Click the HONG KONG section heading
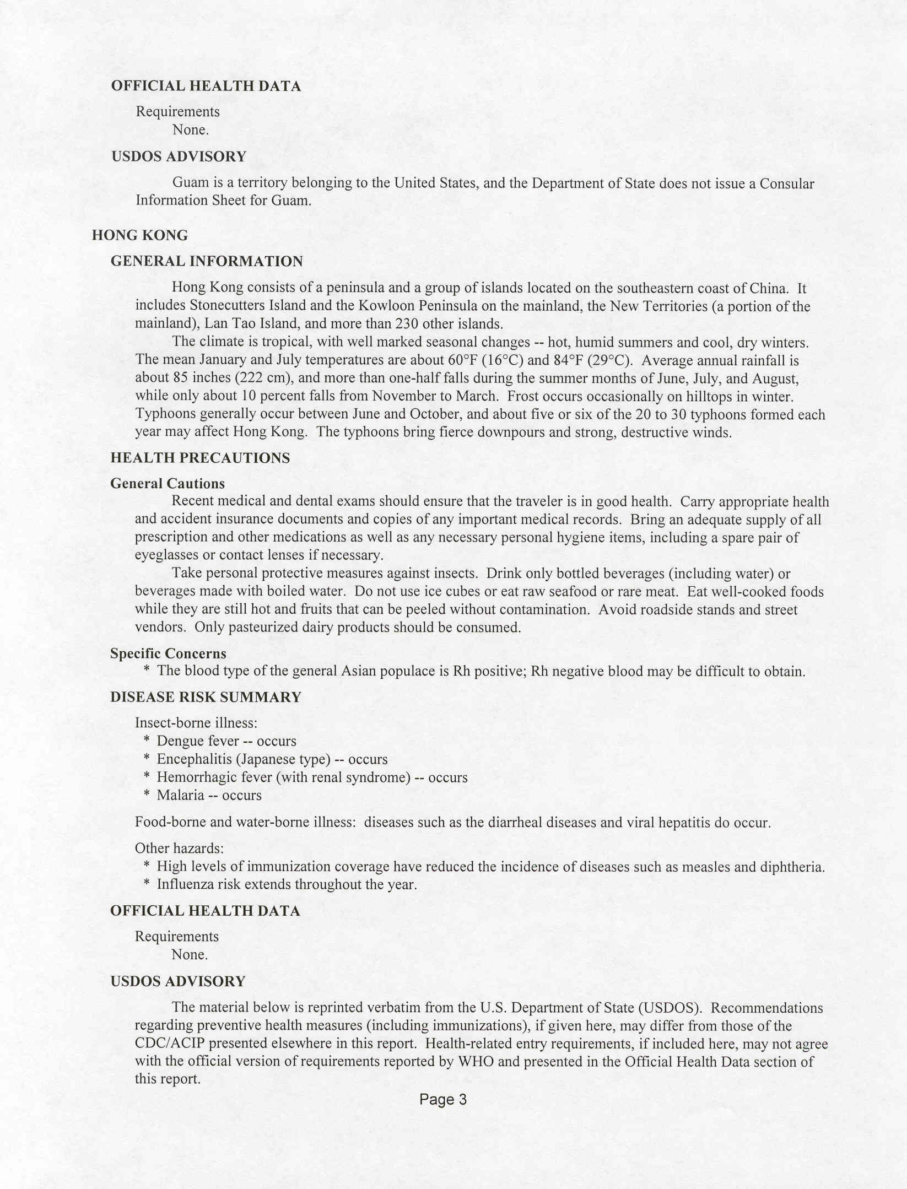(x=139, y=235)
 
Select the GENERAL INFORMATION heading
(x=207, y=261)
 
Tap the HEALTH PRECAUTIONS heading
(x=200, y=458)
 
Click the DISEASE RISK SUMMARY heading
(x=206, y=697)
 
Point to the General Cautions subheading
(x=168, y=484)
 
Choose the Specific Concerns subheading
(x=168, y=653)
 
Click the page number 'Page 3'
(x=442, y=1100)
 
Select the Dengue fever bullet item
(x=226, y=741)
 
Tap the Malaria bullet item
(x=209, y=795)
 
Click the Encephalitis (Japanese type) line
(x=272, y=759)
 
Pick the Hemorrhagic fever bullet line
(x=312, y=777)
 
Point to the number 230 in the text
(x=407, y=323)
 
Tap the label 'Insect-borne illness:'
(x=196, y=723)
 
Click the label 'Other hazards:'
(x=179, y=848)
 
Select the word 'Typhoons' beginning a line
(x=165, y=414)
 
